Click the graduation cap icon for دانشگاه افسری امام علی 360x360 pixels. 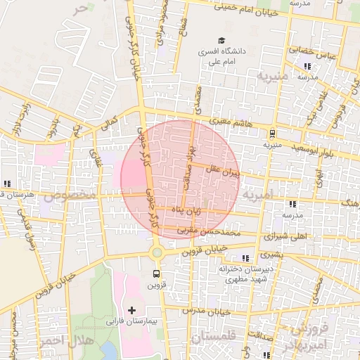tap(222, 41)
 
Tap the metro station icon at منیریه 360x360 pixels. tap(272, 134)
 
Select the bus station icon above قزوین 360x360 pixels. tap(156, 274)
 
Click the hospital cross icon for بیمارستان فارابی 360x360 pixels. tap(131, 309)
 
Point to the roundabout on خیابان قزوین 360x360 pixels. tap(156, 252)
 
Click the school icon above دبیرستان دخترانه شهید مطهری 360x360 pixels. tap(245, 257)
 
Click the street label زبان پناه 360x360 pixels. tap(184, 209)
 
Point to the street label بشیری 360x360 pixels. tap(271, 256)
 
